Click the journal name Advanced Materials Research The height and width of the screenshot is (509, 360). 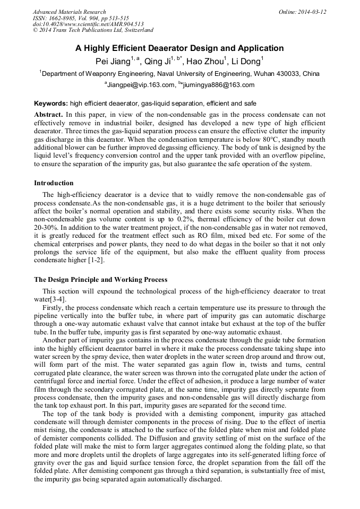click(70, 12)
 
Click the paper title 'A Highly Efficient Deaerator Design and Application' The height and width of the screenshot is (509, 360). click(179, 48)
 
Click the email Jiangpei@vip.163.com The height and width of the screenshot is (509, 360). click(141, 85)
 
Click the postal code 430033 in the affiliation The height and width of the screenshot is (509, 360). click(284, 74)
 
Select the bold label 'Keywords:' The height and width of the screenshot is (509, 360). click(51, 103)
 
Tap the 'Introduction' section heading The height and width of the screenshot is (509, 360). click(54, 183)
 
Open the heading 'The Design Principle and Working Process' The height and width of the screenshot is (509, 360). click(100, 280)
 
